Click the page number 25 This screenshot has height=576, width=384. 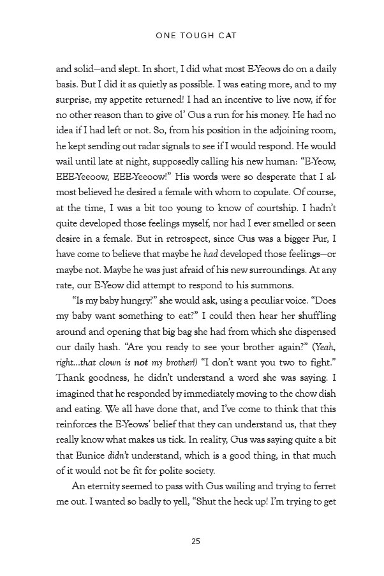coord(196,542)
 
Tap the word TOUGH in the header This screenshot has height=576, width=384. coord(195,36)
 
